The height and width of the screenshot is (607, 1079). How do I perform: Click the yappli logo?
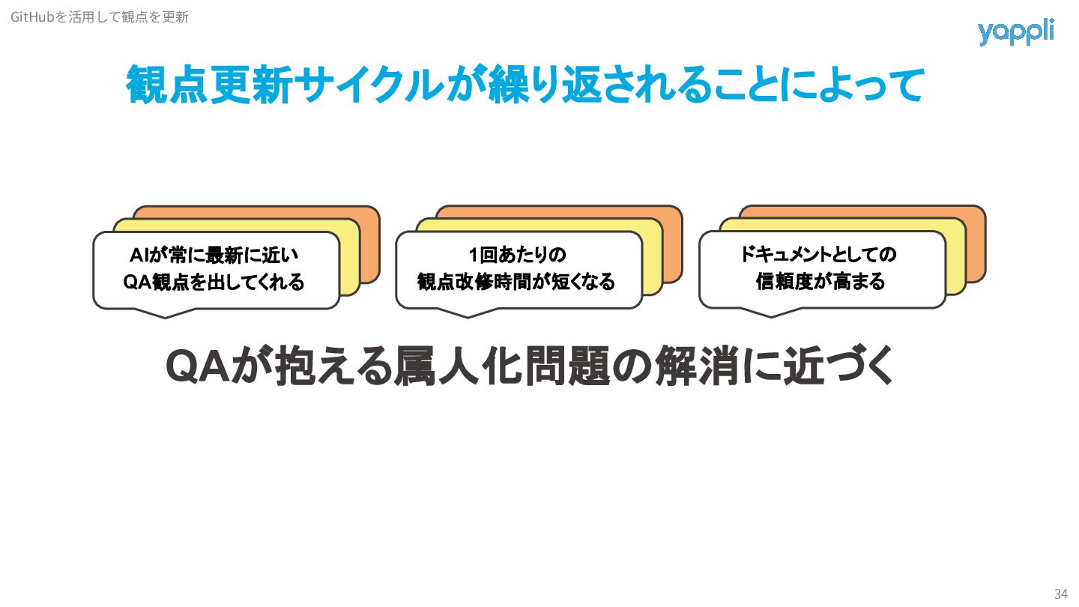coord(1015,32)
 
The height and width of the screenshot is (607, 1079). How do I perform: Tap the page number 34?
coord(1060,594)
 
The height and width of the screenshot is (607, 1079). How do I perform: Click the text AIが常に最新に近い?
coord(216,256)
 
